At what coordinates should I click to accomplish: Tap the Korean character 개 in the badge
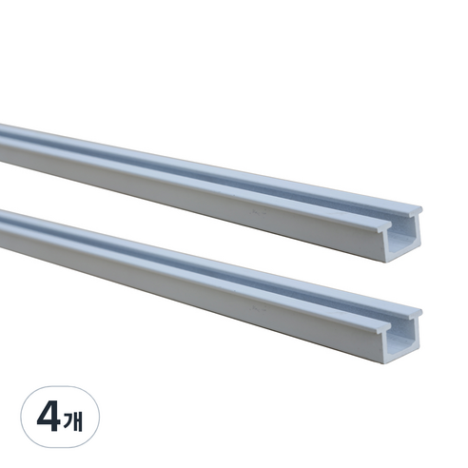coord(73,421)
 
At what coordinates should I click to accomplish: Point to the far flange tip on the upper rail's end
coord(420,209)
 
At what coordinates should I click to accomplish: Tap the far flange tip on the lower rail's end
coord(420,311)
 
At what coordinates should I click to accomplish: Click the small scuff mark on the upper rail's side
coord(258,213)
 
